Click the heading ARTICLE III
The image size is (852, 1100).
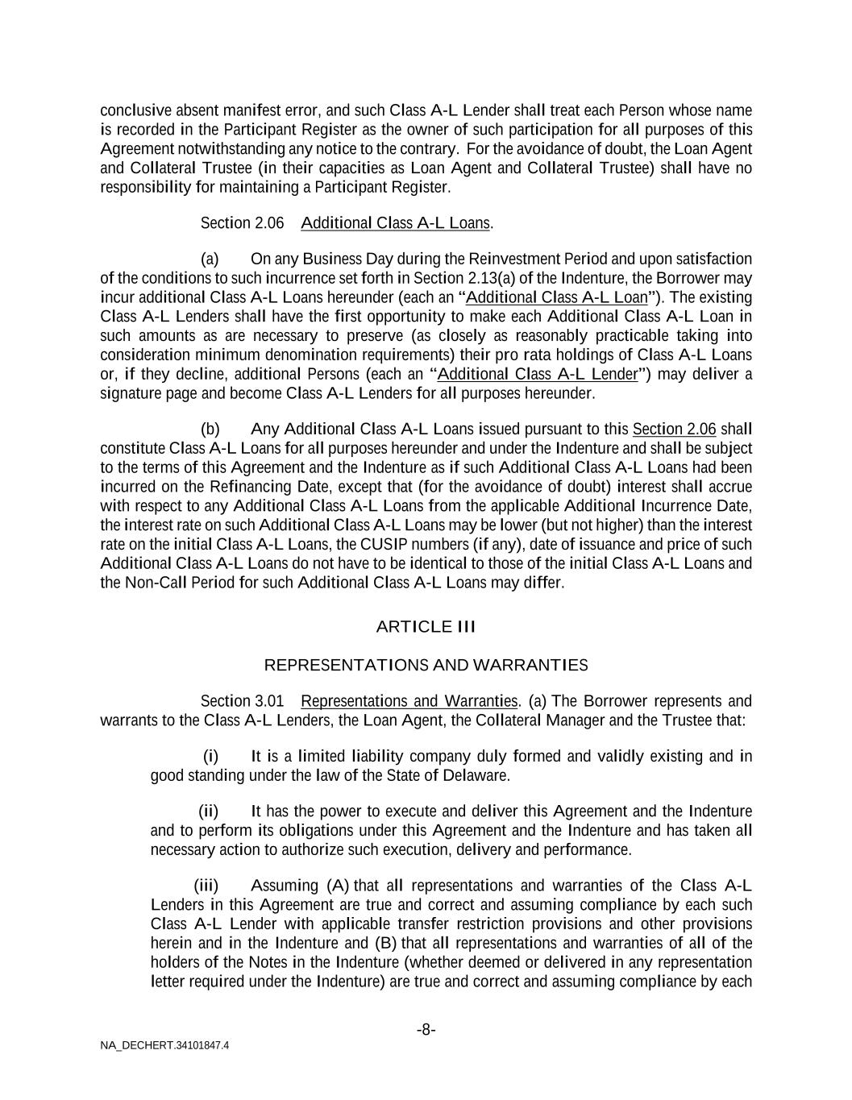pos(426,627)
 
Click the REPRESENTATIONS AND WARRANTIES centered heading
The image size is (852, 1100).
pos(426,666)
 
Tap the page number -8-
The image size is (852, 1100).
pos(426,1030)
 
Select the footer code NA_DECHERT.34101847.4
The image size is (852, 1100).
pos(164,1046)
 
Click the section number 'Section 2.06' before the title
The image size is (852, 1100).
pos(242,223)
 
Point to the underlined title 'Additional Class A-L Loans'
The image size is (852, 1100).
pos(395,223)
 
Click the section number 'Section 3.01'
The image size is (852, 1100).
pos(242,701)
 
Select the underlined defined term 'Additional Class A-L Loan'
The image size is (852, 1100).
pos(557,297)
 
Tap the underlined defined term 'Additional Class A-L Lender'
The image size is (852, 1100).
pos(537,375)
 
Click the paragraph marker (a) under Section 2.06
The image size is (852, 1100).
pos(210,259)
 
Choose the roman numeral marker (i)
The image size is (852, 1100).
pos(210,757)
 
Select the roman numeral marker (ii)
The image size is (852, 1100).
pos(209,812)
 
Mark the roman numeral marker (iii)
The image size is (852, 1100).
pos(206,886)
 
